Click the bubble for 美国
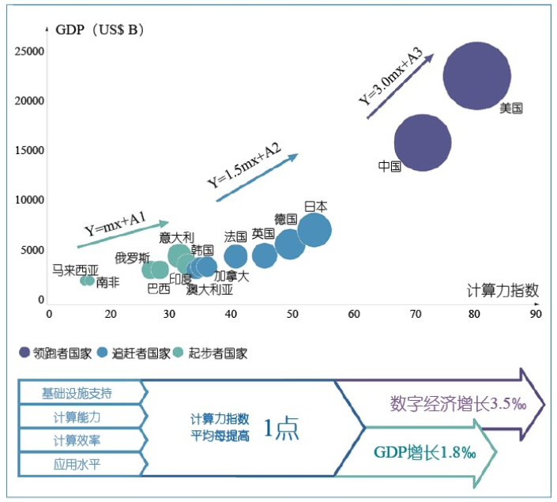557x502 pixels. pos(475,76)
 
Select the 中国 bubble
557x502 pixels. pos(423,142)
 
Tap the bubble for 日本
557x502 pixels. pos(314,231)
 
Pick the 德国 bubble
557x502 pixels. pos(290,243)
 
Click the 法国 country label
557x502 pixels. pos(236,236)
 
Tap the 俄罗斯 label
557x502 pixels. pos(132,258)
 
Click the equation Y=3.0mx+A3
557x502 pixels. pos(391,77)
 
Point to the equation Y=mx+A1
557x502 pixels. pos(115,224)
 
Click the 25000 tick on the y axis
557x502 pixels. pos(30,51)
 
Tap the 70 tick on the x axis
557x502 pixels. pos(416,313)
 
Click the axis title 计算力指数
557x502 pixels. pos(503,289)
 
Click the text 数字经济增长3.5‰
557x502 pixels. pos(457,404)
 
